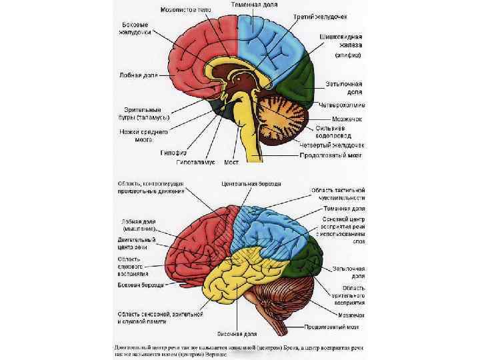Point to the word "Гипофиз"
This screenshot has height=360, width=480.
coord(172,151)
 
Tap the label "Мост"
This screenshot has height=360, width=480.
coord(231,161)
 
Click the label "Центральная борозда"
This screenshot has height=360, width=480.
coord(247,183)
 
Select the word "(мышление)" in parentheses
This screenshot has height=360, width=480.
coord(138,228)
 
